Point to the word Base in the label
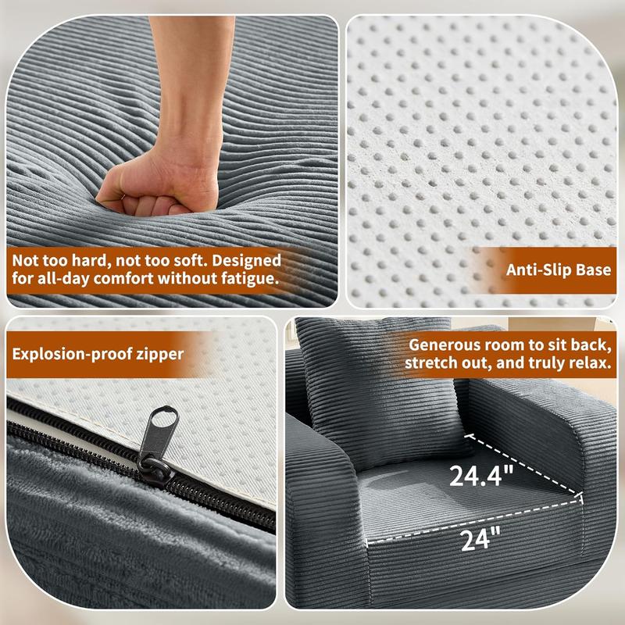[594, 270]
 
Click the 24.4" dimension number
[481, 476]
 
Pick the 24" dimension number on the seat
[480, 539]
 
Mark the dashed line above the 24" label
[474, 520]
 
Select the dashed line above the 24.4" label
[525, 465]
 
